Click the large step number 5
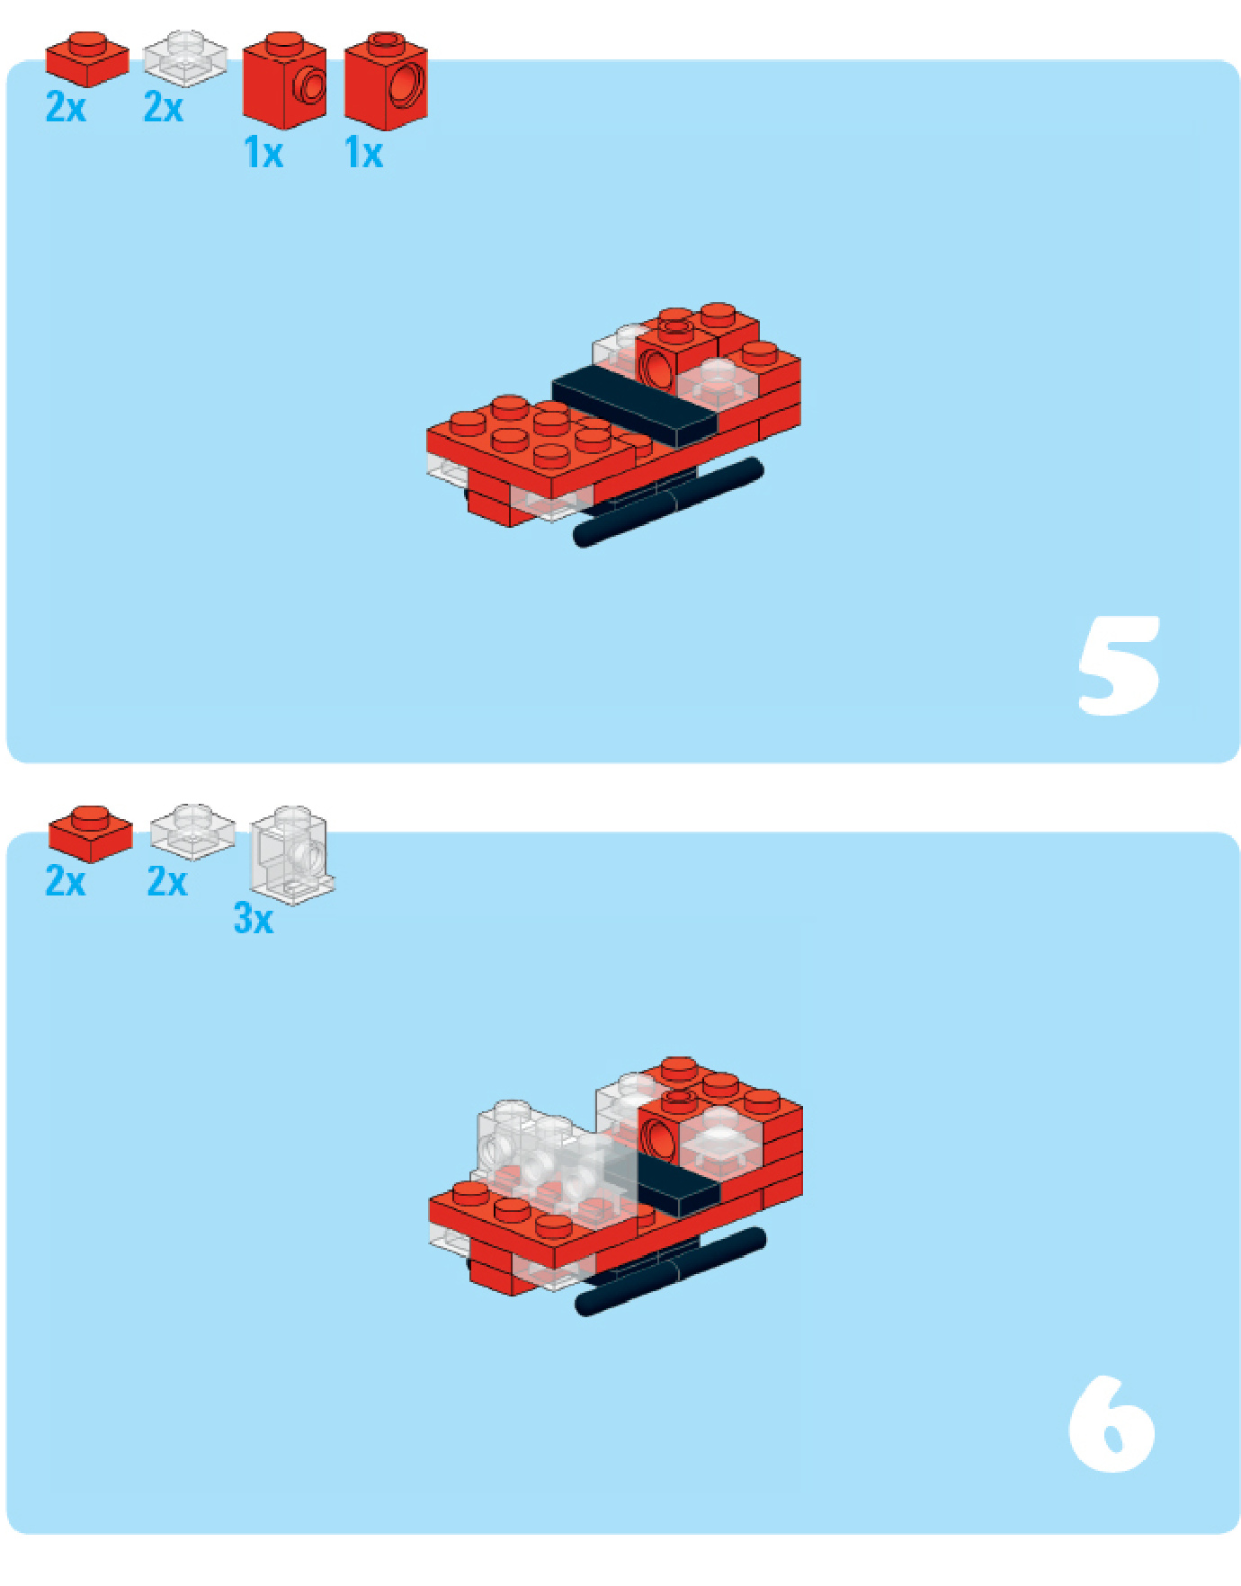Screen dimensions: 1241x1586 coord(1119,665)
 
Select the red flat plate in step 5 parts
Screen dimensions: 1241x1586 coord(87,59)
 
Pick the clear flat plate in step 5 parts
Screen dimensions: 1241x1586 coord(185,58)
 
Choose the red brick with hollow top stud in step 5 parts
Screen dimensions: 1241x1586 coord(386,81)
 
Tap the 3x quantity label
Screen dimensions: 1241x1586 coord(253,919)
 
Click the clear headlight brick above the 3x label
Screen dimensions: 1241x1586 coord(292,854)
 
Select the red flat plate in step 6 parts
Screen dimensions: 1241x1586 coord(90,833)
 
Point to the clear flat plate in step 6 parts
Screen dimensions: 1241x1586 coord(192,832)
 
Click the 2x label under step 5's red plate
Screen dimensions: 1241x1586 coord(66,107)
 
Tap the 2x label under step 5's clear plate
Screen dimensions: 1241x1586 coord(164,107)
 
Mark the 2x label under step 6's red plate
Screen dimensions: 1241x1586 coord(66,881)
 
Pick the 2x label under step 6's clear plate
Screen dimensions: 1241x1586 coord(167,881)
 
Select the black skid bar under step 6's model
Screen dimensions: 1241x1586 coord(671,1271)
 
